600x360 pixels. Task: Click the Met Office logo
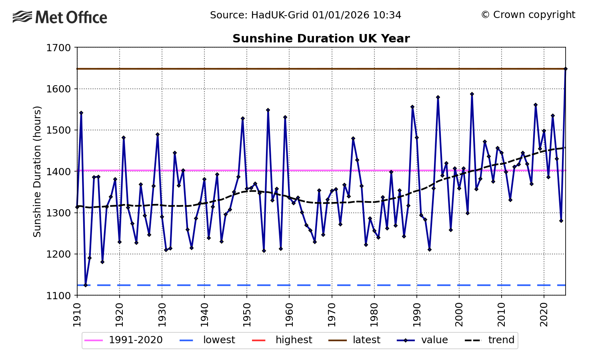(60, 17)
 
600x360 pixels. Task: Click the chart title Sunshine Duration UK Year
(321, 39)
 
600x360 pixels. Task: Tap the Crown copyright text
(528, 15)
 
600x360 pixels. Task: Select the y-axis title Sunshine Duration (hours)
(37, 171)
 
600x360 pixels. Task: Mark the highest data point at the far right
(565, 69)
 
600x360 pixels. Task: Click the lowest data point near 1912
(86, 285)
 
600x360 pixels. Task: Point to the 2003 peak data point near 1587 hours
(472, 94)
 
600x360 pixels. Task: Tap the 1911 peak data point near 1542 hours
(81, 113)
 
